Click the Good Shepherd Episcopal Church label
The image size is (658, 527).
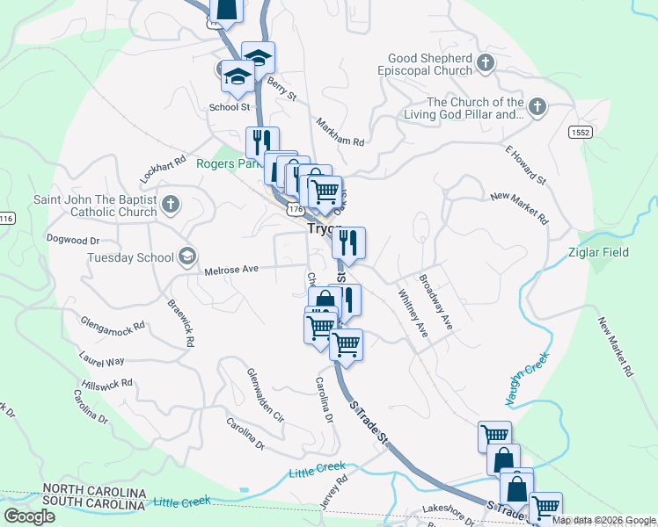point(425,64)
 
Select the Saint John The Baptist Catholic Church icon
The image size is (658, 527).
point(171,206)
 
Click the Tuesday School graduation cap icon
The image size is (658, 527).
point(186,256)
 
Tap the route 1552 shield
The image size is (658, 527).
point(580,132)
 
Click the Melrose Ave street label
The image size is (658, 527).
point(231,270)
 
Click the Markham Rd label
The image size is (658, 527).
point(339,132)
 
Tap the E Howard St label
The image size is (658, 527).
point(526,165)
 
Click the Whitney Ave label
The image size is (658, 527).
point(413,314)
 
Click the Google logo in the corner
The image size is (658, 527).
point(30,516)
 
